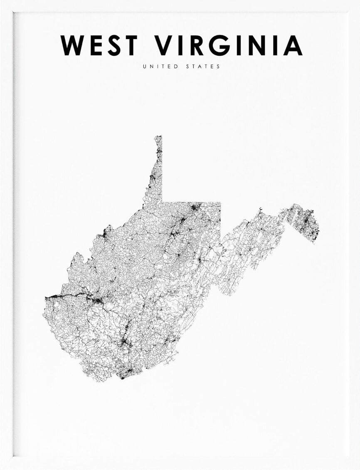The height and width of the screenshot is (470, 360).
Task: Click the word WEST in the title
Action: click(x=99, y=45)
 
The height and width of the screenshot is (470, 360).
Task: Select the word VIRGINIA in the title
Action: click(x=229, y=45)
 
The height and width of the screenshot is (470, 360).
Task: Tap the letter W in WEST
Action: click(x=73, y=45)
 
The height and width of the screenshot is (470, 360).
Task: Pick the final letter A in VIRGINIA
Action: click(x=293, y=45)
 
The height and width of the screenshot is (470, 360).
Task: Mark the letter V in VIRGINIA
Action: click(x=165, y=45)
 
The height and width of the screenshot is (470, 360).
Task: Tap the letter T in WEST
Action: click(x=130, y=45)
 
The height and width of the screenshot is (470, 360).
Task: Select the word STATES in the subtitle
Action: click(x=202, y=67)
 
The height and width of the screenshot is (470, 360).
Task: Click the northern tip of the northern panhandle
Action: click(x=158, y=136)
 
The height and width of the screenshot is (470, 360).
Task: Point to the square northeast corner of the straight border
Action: click(x=220, y=203)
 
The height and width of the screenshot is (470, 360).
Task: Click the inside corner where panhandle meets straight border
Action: click(x=162, y=203)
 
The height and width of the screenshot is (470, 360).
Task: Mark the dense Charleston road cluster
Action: click(x=97, y=300)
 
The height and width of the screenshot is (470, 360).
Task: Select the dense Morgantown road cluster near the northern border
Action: click(x=194, y=206)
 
